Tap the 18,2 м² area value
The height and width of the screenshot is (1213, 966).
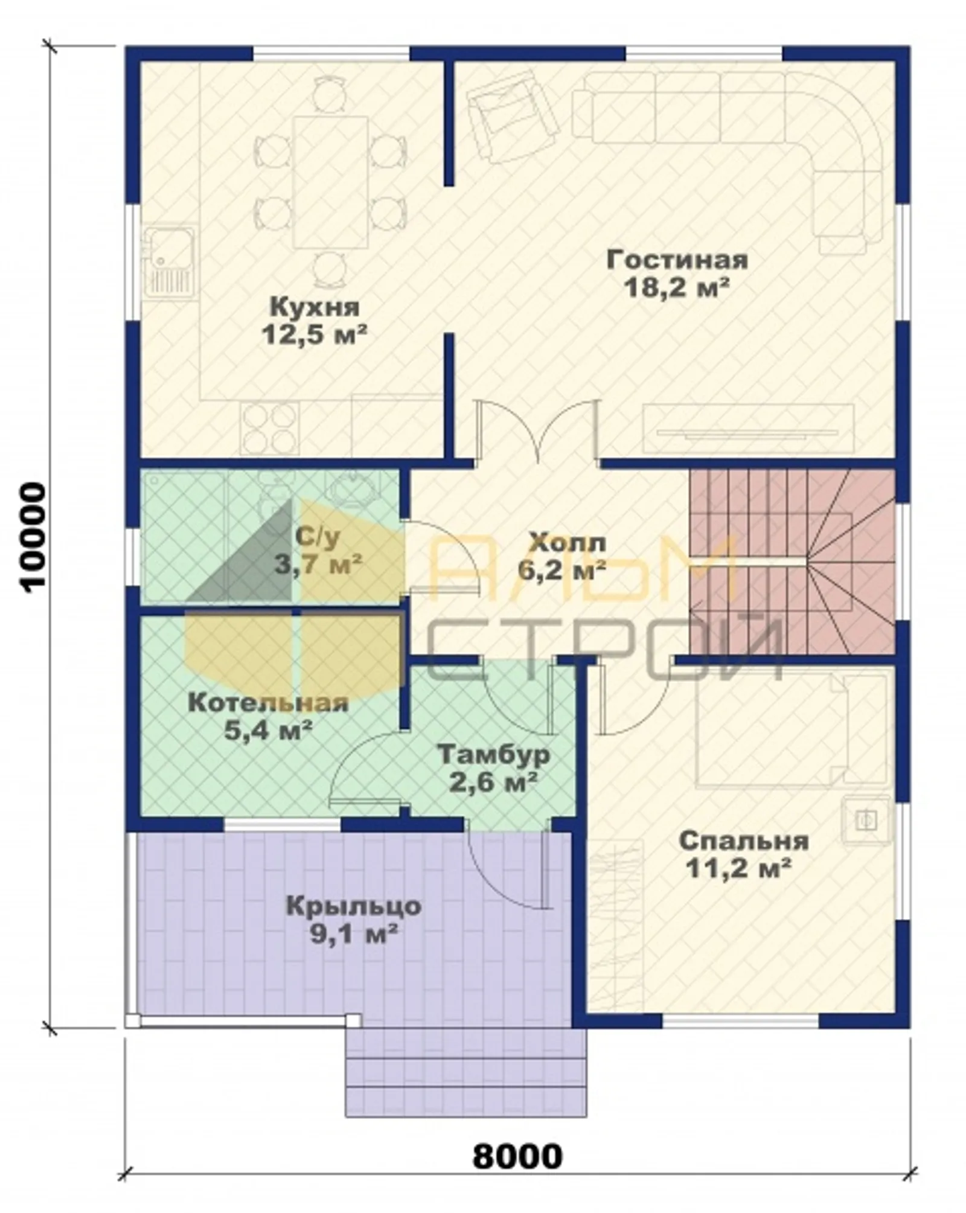click(x=677, y=288)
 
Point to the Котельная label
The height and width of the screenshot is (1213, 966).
click(x=268, y=703)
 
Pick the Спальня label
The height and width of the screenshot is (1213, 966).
click(x=743, y=840)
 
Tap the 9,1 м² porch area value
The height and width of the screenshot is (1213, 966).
click(x=353, y=934)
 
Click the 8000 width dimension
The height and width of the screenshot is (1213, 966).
click(x=517, y=1156)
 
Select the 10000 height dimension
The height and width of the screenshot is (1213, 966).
click(x=30, y=534)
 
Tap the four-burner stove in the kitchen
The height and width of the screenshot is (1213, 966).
click(x=270, y=428)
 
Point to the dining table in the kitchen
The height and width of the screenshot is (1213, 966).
click(x=330, y=182)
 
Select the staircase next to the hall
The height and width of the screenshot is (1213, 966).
click(x=792, y=562)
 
